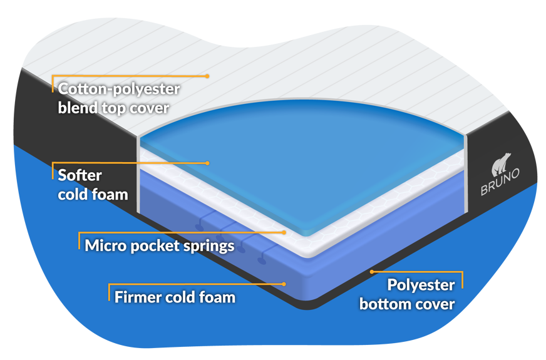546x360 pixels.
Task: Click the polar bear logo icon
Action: (502, 164)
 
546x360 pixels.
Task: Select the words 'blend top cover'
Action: (113, 107)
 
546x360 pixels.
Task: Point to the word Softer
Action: (80, 176)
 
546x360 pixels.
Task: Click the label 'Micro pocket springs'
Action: (160, 245)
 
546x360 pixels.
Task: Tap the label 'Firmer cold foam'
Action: (175, 296)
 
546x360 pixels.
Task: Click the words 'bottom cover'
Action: (407, 304)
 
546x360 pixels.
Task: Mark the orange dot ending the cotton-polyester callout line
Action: (207, 76)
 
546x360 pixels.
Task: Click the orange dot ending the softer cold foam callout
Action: (207, 163)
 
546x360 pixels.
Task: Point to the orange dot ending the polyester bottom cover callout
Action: (371, 272)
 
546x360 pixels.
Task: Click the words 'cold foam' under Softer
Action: (93, 194)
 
